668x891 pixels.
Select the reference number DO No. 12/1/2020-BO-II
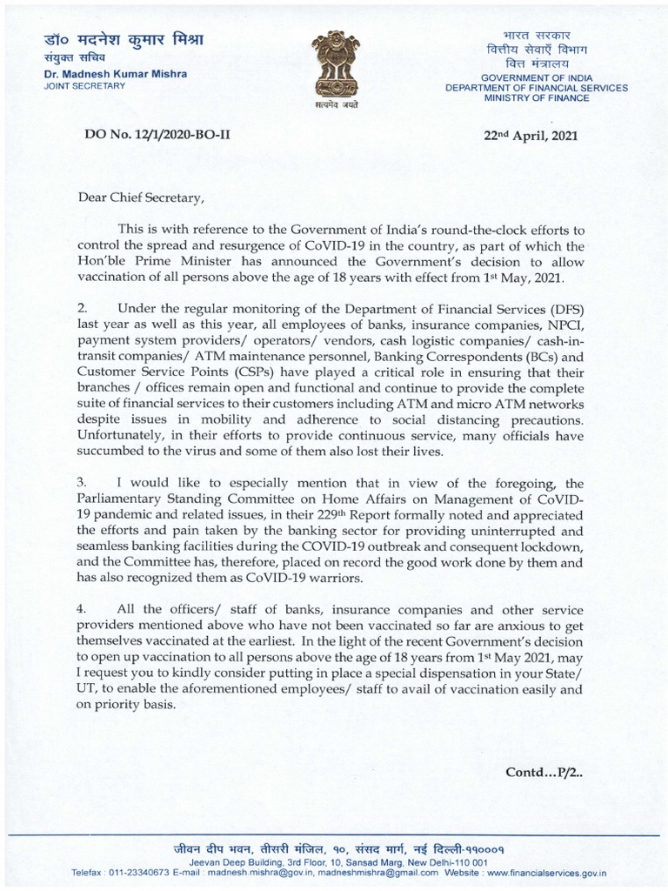point(157,136)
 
